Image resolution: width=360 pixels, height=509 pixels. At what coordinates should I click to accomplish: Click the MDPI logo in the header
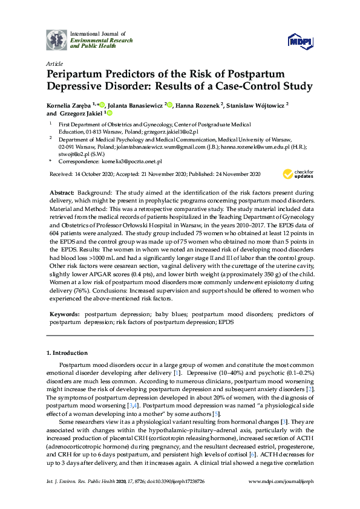[301, 40]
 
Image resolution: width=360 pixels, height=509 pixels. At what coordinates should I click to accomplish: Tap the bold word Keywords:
[64, 314]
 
